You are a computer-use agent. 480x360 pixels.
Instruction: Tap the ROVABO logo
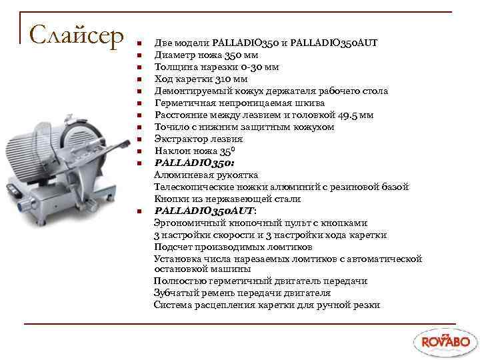[x=443, y=340]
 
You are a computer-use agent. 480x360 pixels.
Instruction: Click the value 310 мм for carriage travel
[x=231, y=79]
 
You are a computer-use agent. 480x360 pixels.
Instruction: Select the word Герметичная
[x=181, y=103]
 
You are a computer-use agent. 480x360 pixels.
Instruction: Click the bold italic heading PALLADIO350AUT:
[x=205, y=211]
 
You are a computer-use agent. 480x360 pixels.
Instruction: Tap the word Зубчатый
[x=175, y=293]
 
